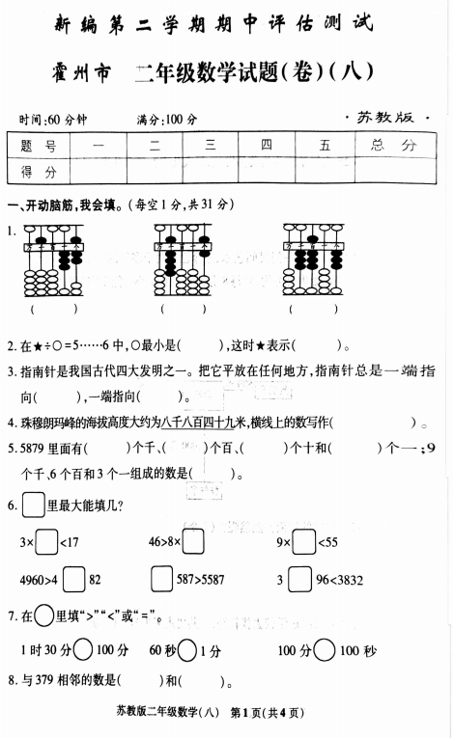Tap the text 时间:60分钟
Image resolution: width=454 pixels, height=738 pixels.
(x=52, y=120)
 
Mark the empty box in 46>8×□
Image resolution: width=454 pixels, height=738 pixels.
(x=193, y=543)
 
